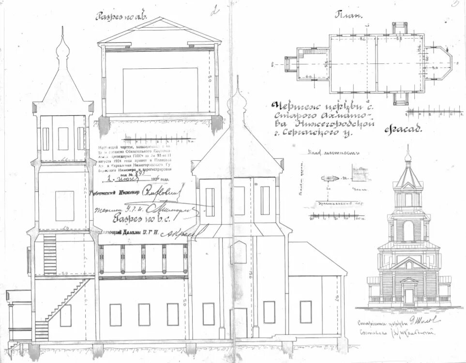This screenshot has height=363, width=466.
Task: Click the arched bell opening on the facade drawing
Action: (408, 230)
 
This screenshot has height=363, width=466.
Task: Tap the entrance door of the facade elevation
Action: (409, 295)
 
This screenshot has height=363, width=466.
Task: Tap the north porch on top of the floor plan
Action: (399, 28)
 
